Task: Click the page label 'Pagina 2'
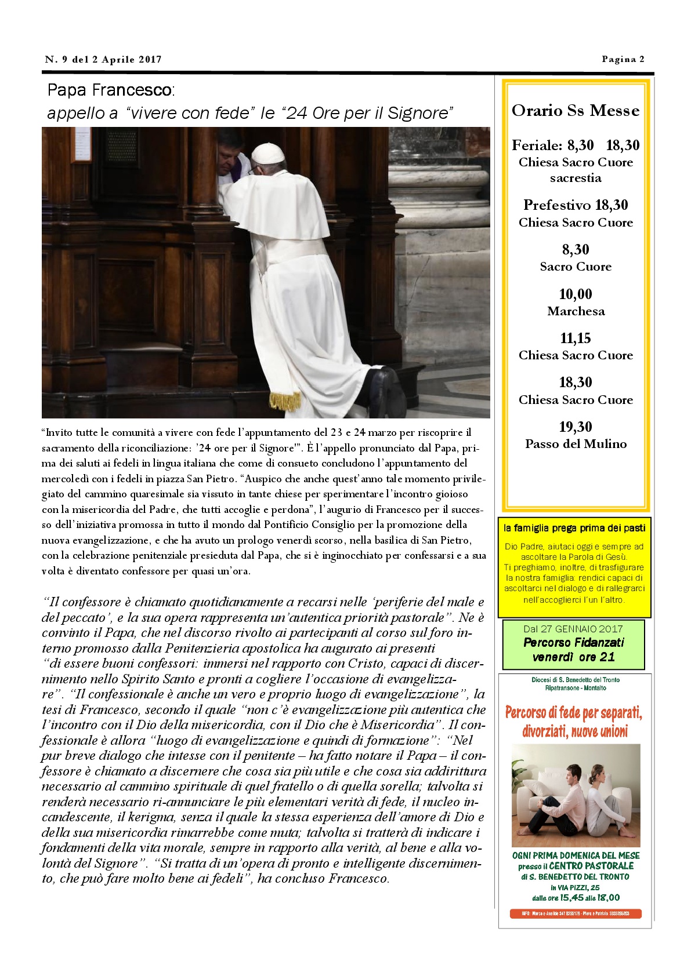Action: [x=623, y=59]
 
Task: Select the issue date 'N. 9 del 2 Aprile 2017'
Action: [x=103, y=59]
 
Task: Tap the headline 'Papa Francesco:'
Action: [x=111, y=90]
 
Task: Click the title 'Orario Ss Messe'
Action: [x=575, y=111]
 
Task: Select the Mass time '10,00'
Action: [x=575, y=294]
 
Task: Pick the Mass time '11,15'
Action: [x=575, y=338]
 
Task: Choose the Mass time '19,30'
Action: [x=575, y=427]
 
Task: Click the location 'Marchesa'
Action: [x=576, y=311]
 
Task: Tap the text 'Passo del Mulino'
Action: [x=576, y=444]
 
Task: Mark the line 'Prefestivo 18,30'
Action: [x=575, y=205]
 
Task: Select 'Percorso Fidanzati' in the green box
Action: [x=573, y=642]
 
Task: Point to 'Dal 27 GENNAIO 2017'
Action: [x=573, y=629]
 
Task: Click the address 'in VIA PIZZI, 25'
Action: [x=574, y=887]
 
